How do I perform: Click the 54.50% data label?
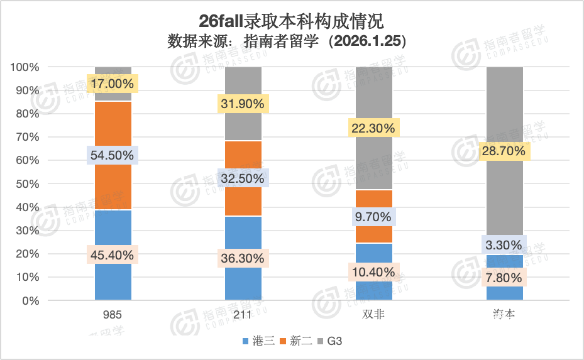tap(113, 155)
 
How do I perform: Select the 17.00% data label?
tap(113, 84)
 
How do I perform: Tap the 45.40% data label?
tap(113, 255)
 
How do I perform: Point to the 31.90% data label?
tap(243, 104)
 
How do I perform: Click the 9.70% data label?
tap(374, 217)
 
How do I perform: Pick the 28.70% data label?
tap(505, 151)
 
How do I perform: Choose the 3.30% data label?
tap(505, 245)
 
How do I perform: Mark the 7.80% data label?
tap(505, 277)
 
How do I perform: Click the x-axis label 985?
tap(113, 315)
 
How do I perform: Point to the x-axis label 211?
tap(243, 315)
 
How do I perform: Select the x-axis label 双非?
tap(374, 315)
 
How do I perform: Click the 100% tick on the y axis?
tap(25, 67)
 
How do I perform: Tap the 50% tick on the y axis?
tap(28, 184)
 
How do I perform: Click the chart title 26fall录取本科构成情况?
tap(292, 21)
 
